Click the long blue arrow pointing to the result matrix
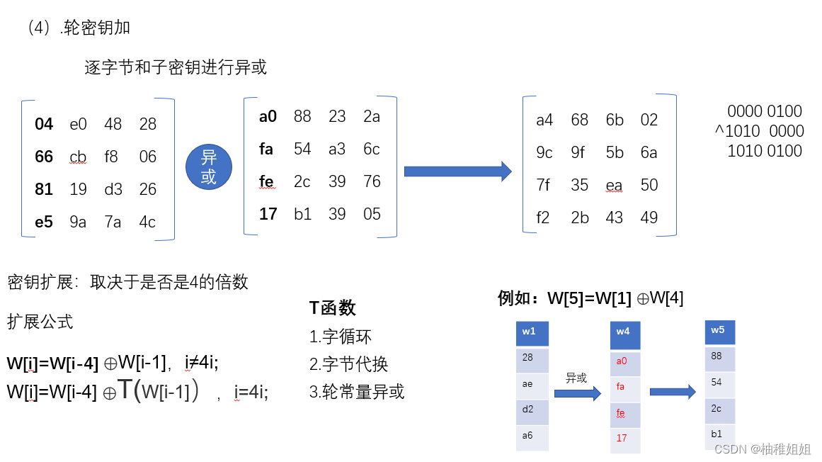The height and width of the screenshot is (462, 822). (x=457, y=171)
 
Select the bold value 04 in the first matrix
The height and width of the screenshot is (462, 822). (x=44, y=124)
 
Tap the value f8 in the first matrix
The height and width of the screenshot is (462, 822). (x=112, y=157)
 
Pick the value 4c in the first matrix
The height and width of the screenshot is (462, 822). (x=147, y=222)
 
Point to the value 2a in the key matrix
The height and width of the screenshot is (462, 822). (x=372, y=116)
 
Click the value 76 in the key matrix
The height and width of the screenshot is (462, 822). (x=372, y=181)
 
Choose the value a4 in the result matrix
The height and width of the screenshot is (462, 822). (x=544, y=120)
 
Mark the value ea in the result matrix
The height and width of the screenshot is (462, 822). (x=614, y=185)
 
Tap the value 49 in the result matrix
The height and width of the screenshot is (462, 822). (x=649, y=218)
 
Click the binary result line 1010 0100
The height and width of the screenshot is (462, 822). (x=765, y=151)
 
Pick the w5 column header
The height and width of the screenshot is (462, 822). (x=719, y=332)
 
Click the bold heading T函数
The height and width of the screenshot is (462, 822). (x=333, y=308)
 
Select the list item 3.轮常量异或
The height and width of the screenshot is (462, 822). (x=357, y=392)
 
